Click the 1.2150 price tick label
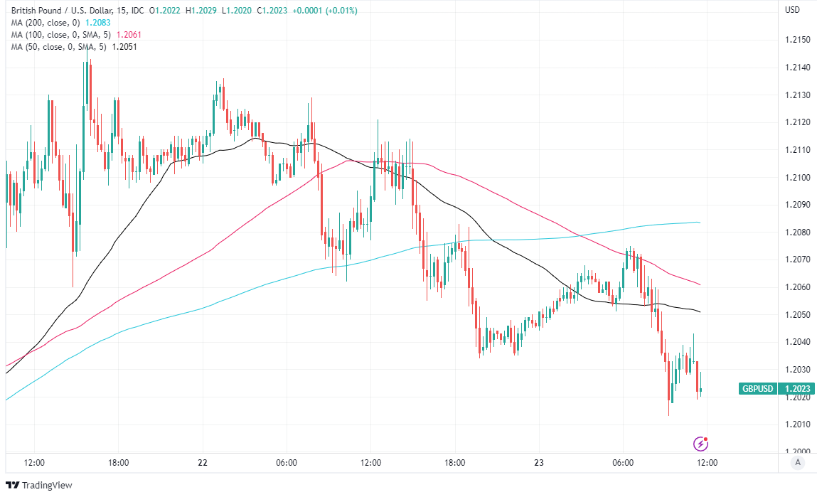click(x=796, y=39)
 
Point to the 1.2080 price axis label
click(x=796, y=232)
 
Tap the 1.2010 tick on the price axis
click(x=796, y=424)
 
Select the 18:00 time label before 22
click(x=118, y=463)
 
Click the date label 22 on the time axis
click(x=203, y=463)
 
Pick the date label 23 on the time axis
click(x=539, y=463)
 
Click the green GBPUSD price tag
click(x=757, y=389)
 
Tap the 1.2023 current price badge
click(x=797, y=389)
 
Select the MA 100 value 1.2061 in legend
click(x=129, y=35)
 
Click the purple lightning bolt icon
click(x=700, y=444)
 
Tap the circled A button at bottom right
click(x=798, y=463)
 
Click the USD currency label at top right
click(x=792, y=10)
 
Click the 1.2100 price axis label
click(x=796, y=177)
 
